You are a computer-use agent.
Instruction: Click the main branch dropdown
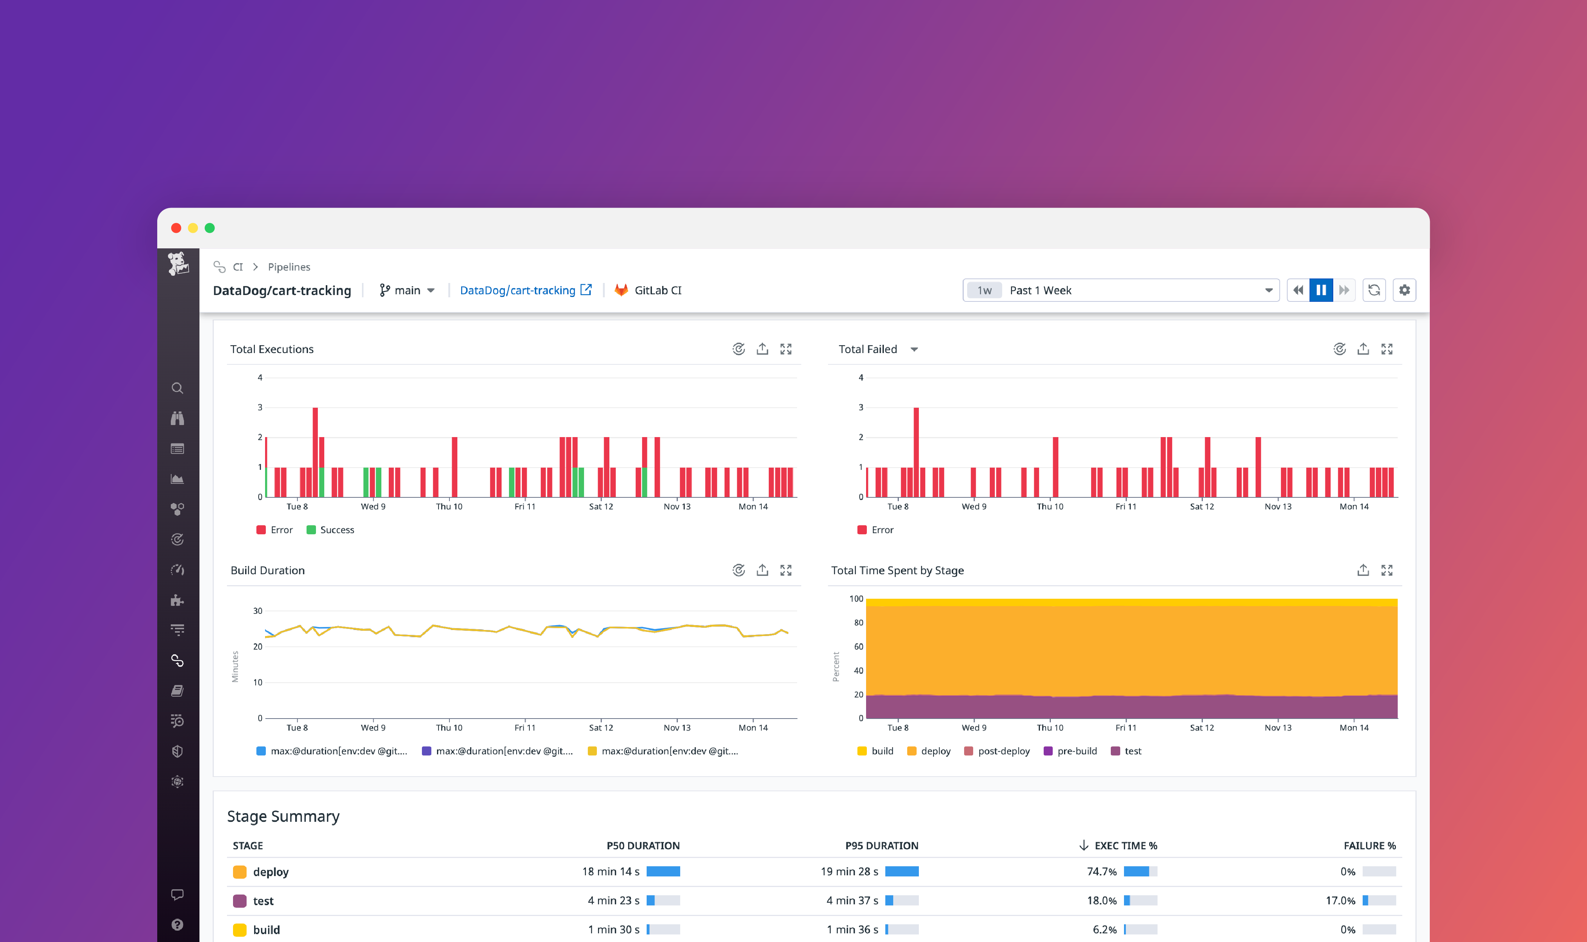pyautogui.click(x=407, y=290)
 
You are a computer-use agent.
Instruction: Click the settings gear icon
pyautogui.click(x=1404, y=290)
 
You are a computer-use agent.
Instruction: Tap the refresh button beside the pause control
pyautogui.click(x=1374, y=290)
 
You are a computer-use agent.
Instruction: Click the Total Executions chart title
pyautogui.click(x=272, y=349)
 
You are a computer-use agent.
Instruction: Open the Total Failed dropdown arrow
pyautogui.click(x=914, y=350)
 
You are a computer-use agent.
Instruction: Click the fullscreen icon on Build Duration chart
pyautogui.click(x=785, y=570)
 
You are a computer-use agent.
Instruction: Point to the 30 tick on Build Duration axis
pyautogui.click(x=258, y=611)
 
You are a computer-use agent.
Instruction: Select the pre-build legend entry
pyautogui.click(x=1076, y=751)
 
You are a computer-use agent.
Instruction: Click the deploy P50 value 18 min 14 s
pyautogui.click(x=610, y=872)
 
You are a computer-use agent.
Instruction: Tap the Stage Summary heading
pyautogui.click(x=283, y=816)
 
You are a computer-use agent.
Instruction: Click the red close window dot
pyautogui.click(x=176, y=228)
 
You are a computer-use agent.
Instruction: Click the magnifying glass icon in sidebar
pyautogui.click(x=177, y=388)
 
